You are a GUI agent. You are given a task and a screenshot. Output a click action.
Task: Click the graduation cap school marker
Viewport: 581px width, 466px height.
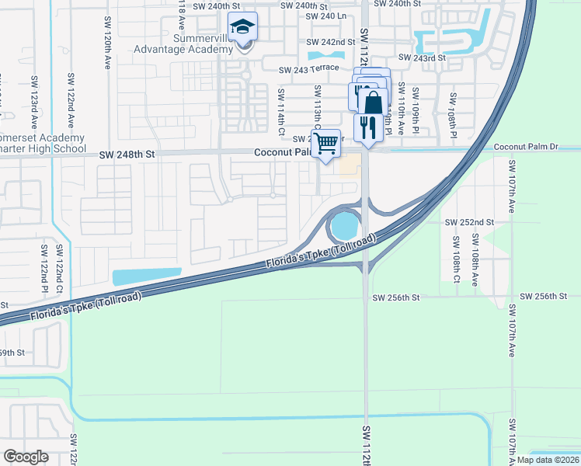coord(243,28)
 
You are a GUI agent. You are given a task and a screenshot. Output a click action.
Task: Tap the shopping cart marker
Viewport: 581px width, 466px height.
coord(327,142)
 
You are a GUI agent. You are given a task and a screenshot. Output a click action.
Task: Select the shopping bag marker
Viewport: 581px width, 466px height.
coord(374,103)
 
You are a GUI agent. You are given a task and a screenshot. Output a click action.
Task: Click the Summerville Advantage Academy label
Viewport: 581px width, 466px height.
coord(193,43)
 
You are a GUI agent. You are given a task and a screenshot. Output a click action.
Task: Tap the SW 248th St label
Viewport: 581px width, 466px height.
coord(127,155)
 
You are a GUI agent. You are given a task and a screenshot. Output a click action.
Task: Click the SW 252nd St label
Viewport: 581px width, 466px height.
coord(469,222)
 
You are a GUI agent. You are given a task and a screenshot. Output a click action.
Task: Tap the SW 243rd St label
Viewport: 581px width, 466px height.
coord(422,57)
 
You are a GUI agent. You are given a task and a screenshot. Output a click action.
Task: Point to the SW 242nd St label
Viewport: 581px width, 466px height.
coord(330,42)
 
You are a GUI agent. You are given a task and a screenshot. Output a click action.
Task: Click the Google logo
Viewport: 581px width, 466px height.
coord(26,456)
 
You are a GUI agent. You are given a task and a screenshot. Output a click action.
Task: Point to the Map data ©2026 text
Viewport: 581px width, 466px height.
coord(548,460)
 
